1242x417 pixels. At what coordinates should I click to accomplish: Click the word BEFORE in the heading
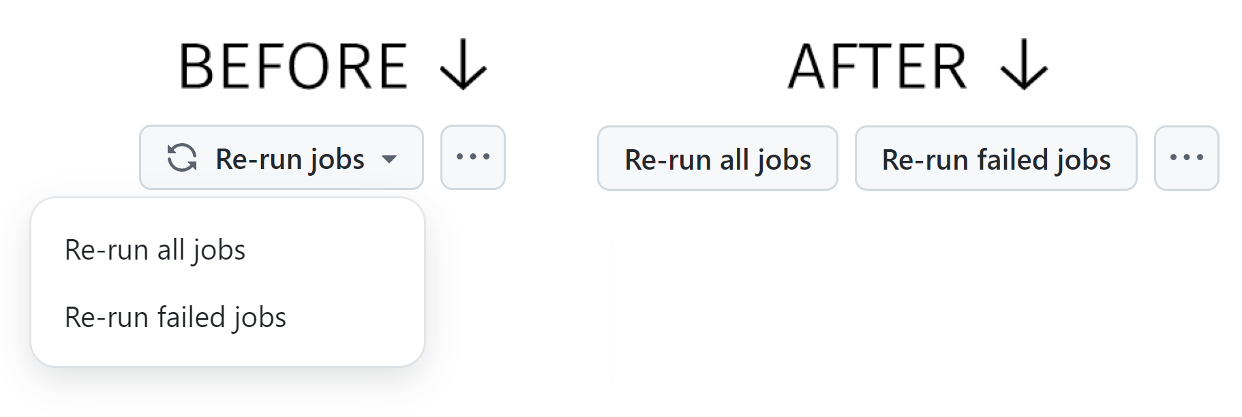pyautogui.click(x=293, y=66)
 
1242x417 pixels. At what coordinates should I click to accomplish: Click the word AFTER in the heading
pyautogui.click(x=877, y=66)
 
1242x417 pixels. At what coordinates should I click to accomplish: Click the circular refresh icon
pyautogui.click(x=182, y=158)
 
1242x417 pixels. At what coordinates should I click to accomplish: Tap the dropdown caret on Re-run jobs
pyautogui.click(x=389, y=159)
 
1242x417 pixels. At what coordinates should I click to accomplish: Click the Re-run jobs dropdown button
pyautogui.click(x=281, y=158)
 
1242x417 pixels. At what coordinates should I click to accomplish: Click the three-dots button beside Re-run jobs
pyautogui.click(x=472, y=157)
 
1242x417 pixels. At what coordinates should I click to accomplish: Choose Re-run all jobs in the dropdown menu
pyautogui.click(x=155, y=250)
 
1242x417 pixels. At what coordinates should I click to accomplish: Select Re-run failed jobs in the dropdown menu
pyautogui.click(x=175, y=318)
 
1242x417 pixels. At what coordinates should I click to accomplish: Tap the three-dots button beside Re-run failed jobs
pyautogui.click(x=1186, y=158)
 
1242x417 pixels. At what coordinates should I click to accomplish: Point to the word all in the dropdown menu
pyautogui.click(x=170, y=250)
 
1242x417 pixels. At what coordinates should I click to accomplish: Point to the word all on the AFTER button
pyautogui.click(x=733, y=160)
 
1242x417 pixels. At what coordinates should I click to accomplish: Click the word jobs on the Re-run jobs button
pyautogui.click(x=337, y=159)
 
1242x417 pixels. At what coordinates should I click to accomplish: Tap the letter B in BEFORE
pyautogui.click(x=197, y=66)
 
